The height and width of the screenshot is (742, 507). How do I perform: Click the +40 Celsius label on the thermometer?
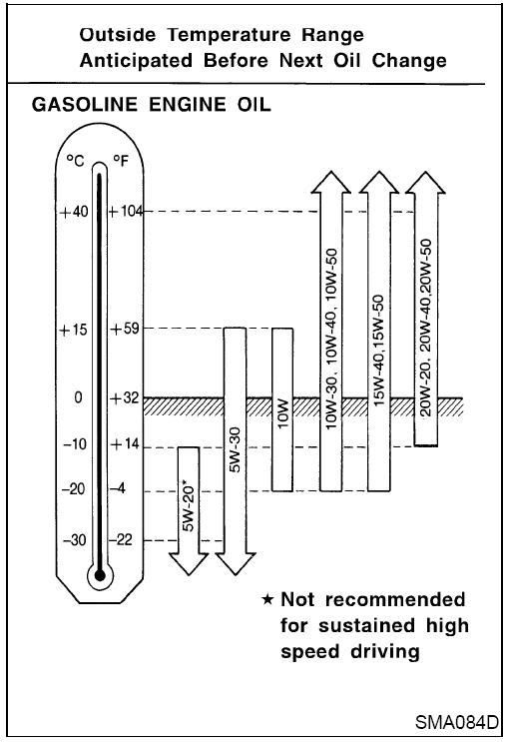coord(74,211)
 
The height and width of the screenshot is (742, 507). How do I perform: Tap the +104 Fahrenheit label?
coord(126,211)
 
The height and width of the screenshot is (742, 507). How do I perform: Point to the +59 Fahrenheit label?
coord(125,329)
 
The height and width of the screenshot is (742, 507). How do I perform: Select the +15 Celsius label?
coord(73,330)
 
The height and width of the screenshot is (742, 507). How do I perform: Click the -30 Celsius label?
coord(75,539)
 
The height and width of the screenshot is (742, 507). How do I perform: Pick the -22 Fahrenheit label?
coord(121,539)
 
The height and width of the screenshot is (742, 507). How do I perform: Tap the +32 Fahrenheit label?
coord(125,398)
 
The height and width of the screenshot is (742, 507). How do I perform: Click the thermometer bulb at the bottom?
coord(100,575)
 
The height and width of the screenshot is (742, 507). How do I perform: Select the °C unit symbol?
coord(75,161)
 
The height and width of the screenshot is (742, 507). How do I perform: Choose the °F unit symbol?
coord(121,161)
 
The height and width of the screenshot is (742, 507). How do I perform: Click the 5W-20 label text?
coord(189,507)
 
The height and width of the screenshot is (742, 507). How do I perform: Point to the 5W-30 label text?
coord(236,449)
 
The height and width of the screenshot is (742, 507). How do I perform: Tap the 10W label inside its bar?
coord(282,413)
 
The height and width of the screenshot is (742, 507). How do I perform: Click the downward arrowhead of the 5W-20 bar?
coord(189,564)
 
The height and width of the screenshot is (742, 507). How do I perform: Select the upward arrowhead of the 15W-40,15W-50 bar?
coord(379,183)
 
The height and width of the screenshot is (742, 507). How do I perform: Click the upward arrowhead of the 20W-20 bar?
coord(425,183)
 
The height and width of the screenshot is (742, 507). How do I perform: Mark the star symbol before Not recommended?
coord(267,600)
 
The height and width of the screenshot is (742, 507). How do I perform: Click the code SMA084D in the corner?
coord(457,722)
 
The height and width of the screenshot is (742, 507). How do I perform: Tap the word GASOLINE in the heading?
coord(85,105)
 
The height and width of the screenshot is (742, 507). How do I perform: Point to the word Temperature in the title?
coord(230,35)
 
